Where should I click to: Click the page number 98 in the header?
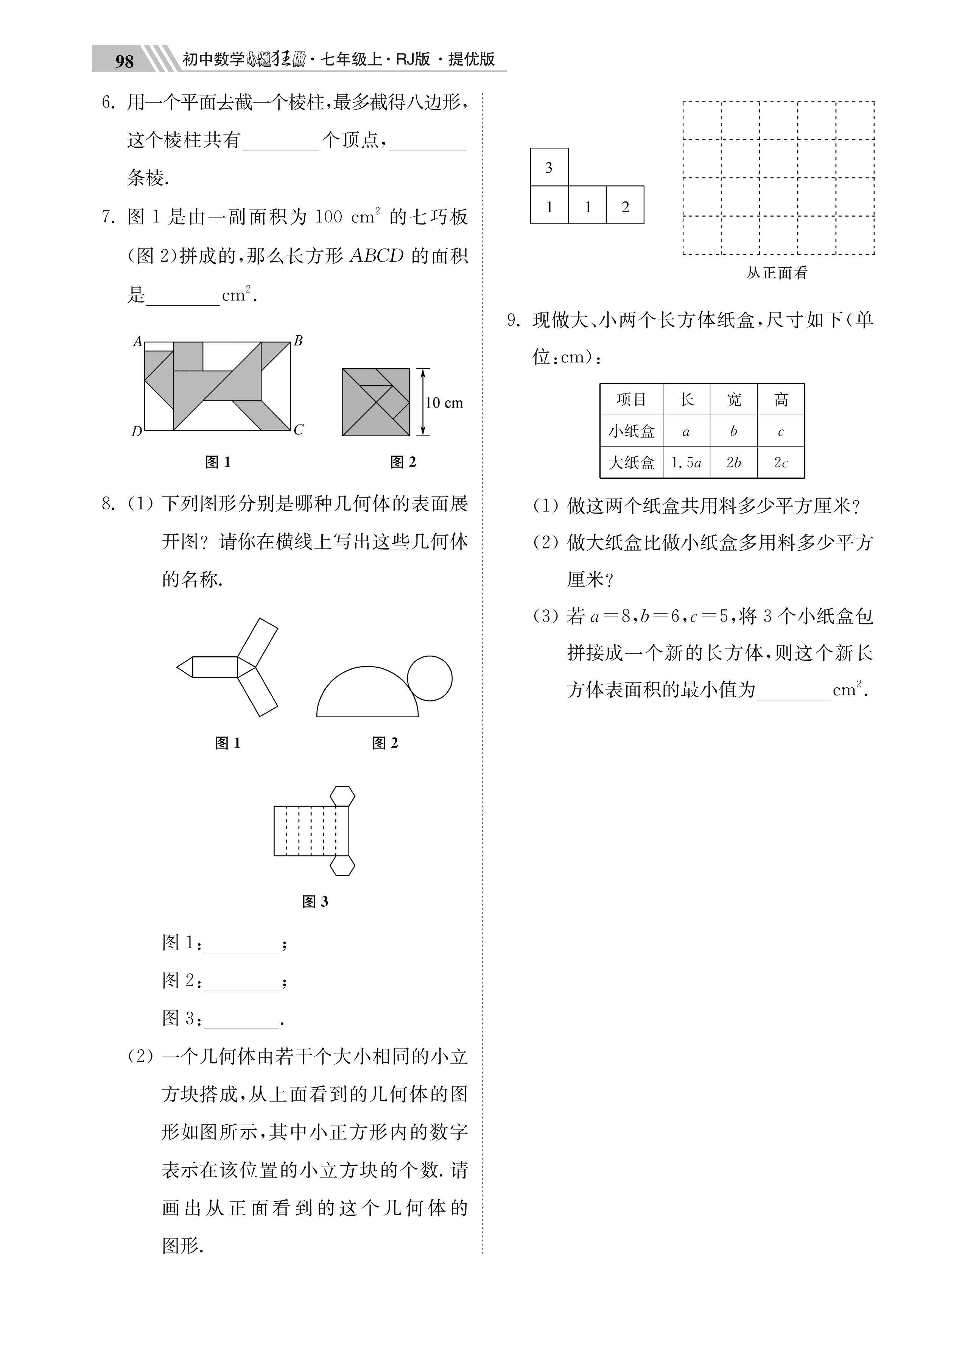[124, 61]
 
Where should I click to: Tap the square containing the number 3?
[549, 167]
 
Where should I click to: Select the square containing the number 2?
[625, 205]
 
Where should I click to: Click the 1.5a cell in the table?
[686, 463]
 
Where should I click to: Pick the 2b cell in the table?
[734, 463]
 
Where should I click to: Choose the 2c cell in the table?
[781, 463]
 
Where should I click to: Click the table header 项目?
[631, 400]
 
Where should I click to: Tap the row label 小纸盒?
[631, 431]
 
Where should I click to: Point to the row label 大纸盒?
[631, 463]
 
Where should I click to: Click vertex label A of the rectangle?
[138, 341]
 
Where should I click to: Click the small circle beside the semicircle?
[430, 678]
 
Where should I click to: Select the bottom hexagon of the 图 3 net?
[342, 865]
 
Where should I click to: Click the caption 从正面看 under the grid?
[777, 273]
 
